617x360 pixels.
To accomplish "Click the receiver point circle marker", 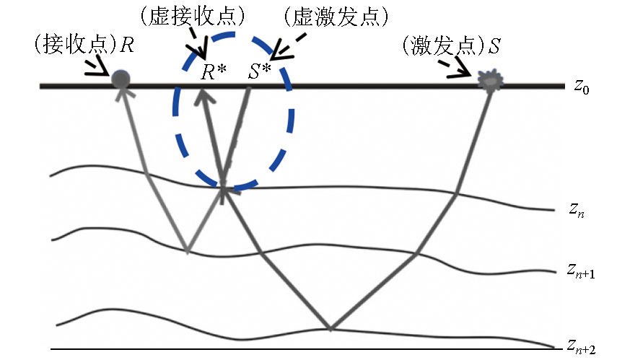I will pyautogui.click(x=121, y=79).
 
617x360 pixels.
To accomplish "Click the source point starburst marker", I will pyautogui.click(x=491, y=82).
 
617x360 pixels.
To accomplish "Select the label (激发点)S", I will pyautogui.click(x=452, y=48).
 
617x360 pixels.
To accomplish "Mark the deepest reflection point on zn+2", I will pyautogui.click(x=330, y=330).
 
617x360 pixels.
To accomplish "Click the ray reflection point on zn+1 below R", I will pyautogui.click(x=188, y=252).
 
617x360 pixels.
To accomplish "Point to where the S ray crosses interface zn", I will pyautogui.click(x=457, y=193).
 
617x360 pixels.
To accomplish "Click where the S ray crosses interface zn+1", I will pyautogui.click(x=416, y=253).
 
